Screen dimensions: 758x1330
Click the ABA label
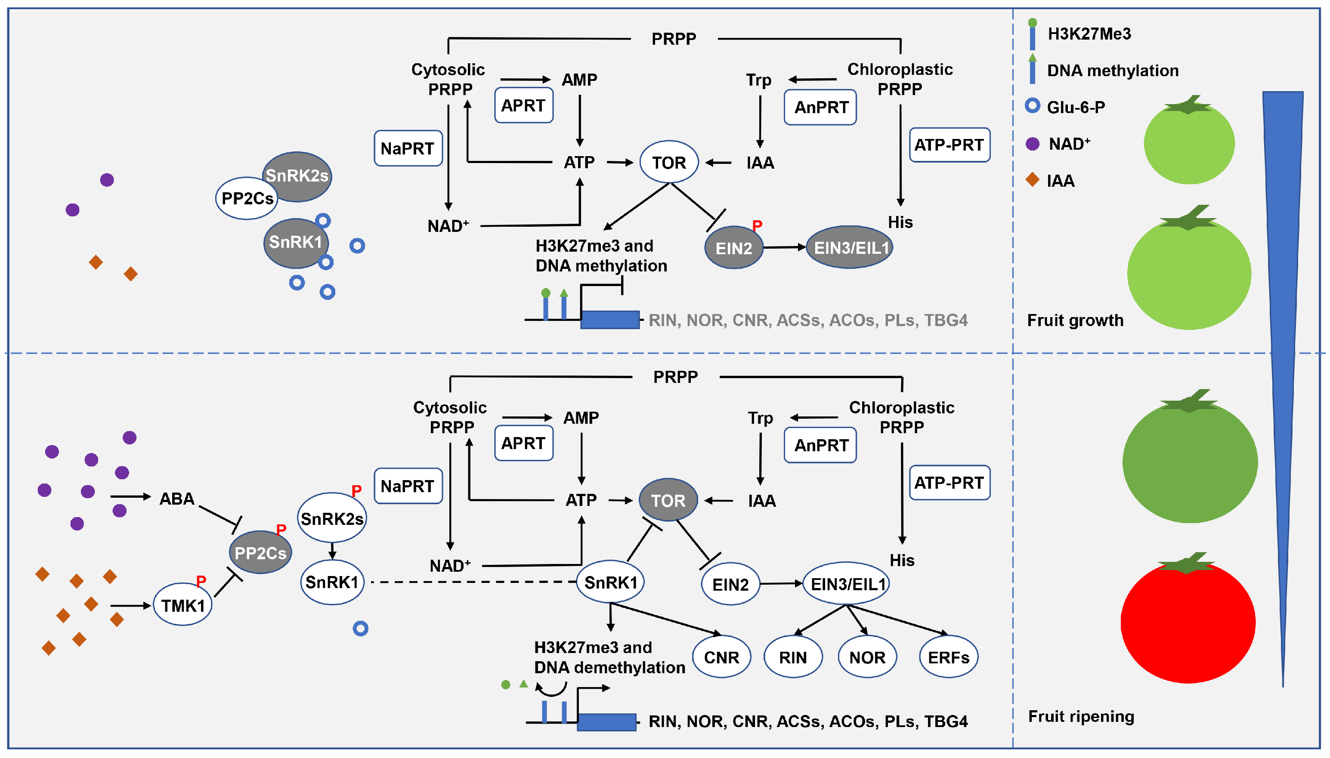point(176,499)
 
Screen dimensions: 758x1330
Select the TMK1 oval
point(183,605)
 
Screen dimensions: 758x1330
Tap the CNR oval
point(721,657)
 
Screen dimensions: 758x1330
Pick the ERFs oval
point(948,657)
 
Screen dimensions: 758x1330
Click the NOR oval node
point(867,657)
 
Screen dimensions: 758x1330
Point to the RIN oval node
point(792,657)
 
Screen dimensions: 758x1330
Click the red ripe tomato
point(1188,622)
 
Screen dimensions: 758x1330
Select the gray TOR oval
point(668,500)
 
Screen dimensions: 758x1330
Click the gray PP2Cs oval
point(260,553)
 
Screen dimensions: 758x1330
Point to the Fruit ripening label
point(1081,716)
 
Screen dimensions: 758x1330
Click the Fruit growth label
point(1075,320)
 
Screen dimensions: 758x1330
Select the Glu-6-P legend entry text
point(1076,107)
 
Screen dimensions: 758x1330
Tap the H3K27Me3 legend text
point(1089,34)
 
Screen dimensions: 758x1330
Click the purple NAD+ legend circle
point(1032,144)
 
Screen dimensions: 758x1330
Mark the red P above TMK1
point(201,580)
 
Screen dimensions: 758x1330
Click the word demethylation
point(628,667)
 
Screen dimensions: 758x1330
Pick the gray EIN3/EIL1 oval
point(850,248)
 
